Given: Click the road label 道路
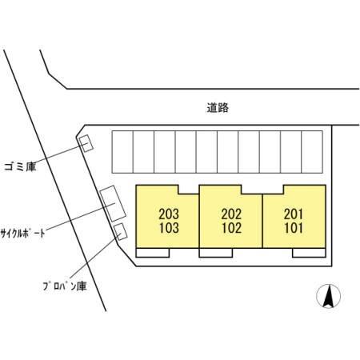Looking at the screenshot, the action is pyautogui.click(x=218, y=108).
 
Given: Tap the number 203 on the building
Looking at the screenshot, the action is pyautogui.click(x=169, y=214).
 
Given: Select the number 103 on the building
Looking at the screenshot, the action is pyautogui.click(x=169, y=228).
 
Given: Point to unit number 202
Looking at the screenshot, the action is pyautogui.click(x=231, y=214).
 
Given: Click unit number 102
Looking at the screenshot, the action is pyautogui.click(x=232, y=228).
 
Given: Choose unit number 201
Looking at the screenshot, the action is pyautogui.click(x=294, y=214).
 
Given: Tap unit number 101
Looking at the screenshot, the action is pyautogui.click(x=294, y=228).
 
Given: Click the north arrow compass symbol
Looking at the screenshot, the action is pyautogui.click(x=328, y=296).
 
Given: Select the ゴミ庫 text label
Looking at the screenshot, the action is pyautogui.click(x=20, y=167).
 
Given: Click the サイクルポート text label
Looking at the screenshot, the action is pyautogui.click(x=22, y=233).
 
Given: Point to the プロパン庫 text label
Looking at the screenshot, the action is pyautogui.click(x=65, y=286).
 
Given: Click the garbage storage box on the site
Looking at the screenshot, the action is pyautogui.click(x=86, y=143).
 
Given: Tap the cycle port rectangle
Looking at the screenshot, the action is pyautogui.click(x=113, y=203).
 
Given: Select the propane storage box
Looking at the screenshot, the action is pyautogui.click(x=120, y=231).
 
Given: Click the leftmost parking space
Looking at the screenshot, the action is pyautogui.click(x=122, y=152).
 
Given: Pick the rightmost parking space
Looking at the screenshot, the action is pyautogui.click(x=312, y=152).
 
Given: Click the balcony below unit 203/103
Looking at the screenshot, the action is pyautogui.click(x=153, y=253).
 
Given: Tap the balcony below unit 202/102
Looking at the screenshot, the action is pyautogui.click(x=216, y=253).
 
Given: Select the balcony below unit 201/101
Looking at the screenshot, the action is pyautogui.click(x=309, y=253).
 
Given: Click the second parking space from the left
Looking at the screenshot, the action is pyautogui.click(x=143, y=152).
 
